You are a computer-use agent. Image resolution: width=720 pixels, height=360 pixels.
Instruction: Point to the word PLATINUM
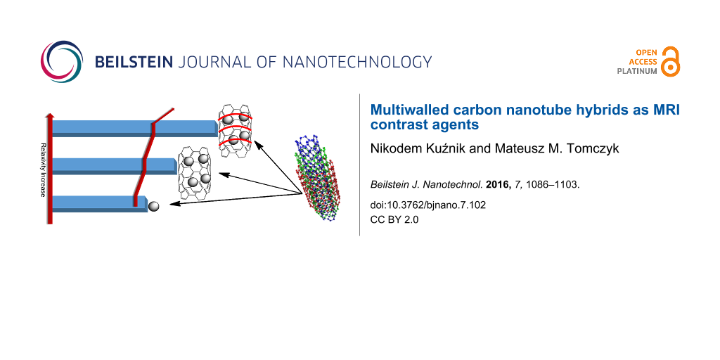tap(637, 71)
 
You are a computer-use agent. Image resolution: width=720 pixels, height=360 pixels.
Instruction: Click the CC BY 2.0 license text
tap(394, 218)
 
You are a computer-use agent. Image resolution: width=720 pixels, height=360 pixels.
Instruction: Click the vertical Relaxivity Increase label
tap(43, 169)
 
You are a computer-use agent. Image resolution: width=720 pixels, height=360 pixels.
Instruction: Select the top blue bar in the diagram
tap(134, 127)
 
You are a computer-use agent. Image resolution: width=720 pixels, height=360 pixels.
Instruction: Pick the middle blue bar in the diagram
tap(112, 165)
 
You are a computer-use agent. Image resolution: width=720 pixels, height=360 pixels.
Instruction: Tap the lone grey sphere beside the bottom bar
tap(153, 205)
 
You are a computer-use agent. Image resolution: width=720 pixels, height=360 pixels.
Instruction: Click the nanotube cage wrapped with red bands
tap(235, 127)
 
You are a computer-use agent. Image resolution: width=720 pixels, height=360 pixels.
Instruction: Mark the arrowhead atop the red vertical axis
tap(49, 115)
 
